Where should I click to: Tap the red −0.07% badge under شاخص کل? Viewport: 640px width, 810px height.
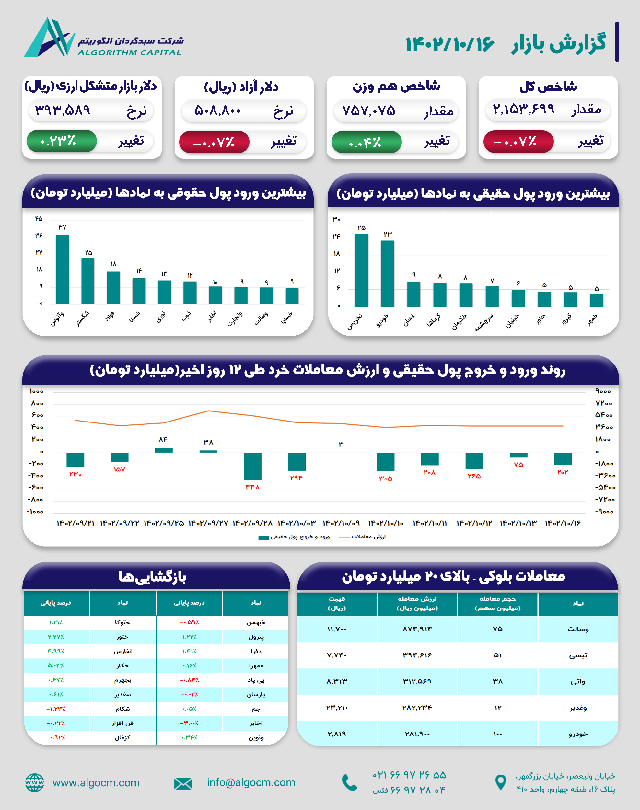pyautogui.click(x=518, y=142)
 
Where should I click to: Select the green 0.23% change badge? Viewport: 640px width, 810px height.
pyautogui.click(x=61, y=141)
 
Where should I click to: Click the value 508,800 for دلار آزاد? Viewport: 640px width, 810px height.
pyautogui.click(x=217, y=110)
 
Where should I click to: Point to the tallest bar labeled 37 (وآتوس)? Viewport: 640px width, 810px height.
pyautogui.click(x=62, y=269)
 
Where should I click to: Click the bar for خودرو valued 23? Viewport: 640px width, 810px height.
pyautogui.click(x=388, y=273)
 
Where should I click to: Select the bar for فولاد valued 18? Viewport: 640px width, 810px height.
pyautogui.click(x=113, y=287)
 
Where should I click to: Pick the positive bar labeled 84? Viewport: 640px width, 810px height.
pyautogui.click(x=163, y=450)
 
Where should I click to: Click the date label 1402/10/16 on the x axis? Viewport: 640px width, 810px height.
pyautogui.click(x=563, y=523)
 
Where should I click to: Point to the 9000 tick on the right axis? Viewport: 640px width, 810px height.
pyautogui.click(x=603, y=391)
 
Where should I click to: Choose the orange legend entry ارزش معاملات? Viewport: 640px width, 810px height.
pyautogui.click(x=363, y=537)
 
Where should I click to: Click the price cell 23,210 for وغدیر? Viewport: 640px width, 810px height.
pyautogui.click(x=336, y=707)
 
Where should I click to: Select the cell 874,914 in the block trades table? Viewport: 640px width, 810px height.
pyautogui.click(x=417, y=629)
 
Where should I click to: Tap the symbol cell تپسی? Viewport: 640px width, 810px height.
pyautogui.click(x=578, y=655)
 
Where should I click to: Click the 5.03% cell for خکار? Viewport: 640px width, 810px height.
pyautogui.click(x=56, y=665)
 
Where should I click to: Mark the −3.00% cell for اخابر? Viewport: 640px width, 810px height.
pyautogui.click(x=189, y=723)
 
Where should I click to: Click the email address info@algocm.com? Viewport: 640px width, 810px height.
pyautogui.click(x=251, y=782)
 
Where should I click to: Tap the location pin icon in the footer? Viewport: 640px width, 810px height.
pyautogui.click(x=500, y=782)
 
